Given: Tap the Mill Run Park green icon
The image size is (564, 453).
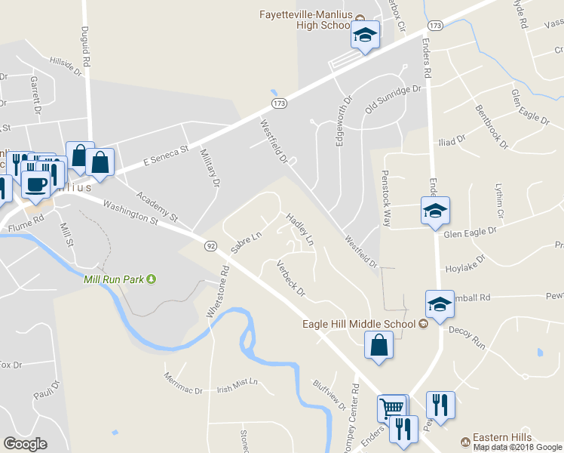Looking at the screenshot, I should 151,279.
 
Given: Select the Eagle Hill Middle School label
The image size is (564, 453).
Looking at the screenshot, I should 359,324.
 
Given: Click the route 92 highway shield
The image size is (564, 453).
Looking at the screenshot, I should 210,246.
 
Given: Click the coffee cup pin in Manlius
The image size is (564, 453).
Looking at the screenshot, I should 35,183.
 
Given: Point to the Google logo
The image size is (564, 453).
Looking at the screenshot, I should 25,444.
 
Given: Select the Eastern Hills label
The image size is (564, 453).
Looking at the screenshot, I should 501,437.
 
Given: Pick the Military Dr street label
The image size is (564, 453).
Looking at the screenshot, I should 210,167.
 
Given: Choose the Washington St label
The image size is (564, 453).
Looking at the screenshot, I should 130,212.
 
